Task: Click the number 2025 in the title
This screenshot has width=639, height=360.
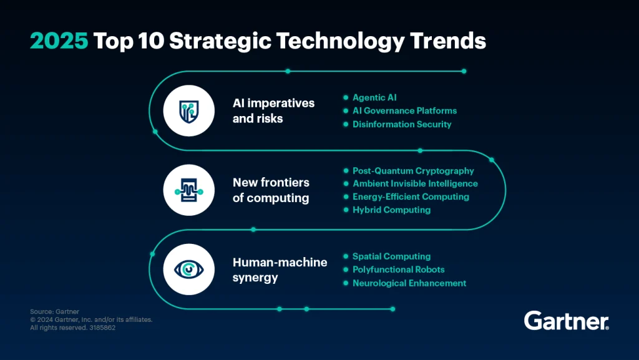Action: coord(60,41)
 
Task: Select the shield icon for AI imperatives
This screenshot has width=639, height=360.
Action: coord(188,111)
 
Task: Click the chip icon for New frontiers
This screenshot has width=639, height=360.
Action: coord(188,190)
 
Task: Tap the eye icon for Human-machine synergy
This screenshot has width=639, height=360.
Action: coord(188,269)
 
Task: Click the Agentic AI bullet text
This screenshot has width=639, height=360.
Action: coord(374,97)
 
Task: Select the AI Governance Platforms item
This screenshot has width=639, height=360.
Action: coord(404,110)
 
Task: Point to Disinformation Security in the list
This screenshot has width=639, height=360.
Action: coord(402,124)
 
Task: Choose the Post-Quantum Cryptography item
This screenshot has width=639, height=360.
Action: coord(413,170)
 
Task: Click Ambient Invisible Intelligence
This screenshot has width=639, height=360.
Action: coord(415,183)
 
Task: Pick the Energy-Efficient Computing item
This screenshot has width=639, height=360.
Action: coord(411,197)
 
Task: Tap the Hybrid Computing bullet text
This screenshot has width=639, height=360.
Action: coord(391,210)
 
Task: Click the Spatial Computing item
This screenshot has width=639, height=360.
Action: coord(391,256)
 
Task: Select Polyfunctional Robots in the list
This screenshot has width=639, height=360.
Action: coord(398,270)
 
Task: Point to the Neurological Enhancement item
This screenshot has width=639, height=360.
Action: coord(409,283)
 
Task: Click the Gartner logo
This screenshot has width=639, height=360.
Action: coord(566,321)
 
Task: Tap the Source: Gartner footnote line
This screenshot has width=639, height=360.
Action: coord(55,311)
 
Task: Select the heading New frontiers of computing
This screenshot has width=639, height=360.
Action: coord(271,190)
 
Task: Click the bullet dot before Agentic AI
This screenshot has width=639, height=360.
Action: coord(345,98)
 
